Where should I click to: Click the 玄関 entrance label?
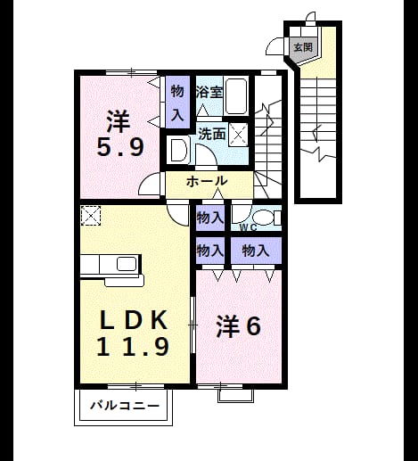pyautogui.click(x=303, y=47)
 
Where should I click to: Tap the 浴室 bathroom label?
pyautogui.click(x=209, y=92)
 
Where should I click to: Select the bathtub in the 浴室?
pyautogui.click(x=236, y=95)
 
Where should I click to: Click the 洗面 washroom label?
pyautogui.click(x=212, y=134)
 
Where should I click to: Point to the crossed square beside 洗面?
pyautogui.click(x=238, y=135)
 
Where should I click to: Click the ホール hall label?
pyautogui.click(x=207, y=181)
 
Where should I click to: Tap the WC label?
pyautogui.click(x=248, y=227)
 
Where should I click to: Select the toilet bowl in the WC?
pyautogui.click(x=264, y=218)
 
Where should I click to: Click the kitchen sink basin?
pyautogui.click(x=127, y=264)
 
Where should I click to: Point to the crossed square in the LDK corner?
pyautogui.click(x=91, y=216)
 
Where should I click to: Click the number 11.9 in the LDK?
pyautogui.click(x=133, y=346)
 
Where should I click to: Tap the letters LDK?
pyautogui.click(x=133, y=319)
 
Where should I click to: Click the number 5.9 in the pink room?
pyautogui.click(x=120, y=147)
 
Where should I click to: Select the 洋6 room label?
pyautogui.click(x=239, y=326)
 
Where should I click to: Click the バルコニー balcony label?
pyautogui.click(x=125, y=406)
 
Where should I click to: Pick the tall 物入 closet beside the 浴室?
pyautogui.click(x=177, y=103)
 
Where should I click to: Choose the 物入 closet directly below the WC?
pyautogui.click(x=256, y=251)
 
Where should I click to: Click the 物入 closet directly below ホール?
pyautogui.click(x=210, y=218)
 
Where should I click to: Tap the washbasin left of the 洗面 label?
pyautogui.click(x=177, y=151)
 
